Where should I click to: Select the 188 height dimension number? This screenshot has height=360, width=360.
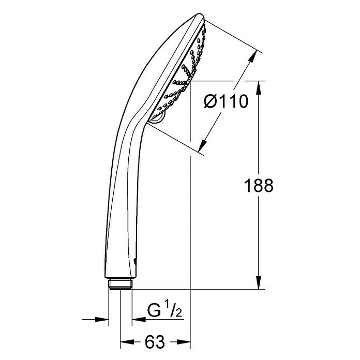pos(258,185)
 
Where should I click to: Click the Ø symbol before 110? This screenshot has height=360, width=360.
pos(211,102)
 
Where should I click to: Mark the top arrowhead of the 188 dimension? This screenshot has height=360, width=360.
pos(258,85)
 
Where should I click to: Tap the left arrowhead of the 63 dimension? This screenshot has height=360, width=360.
pos(125,342)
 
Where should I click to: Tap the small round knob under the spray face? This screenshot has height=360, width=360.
pos(157,118)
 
